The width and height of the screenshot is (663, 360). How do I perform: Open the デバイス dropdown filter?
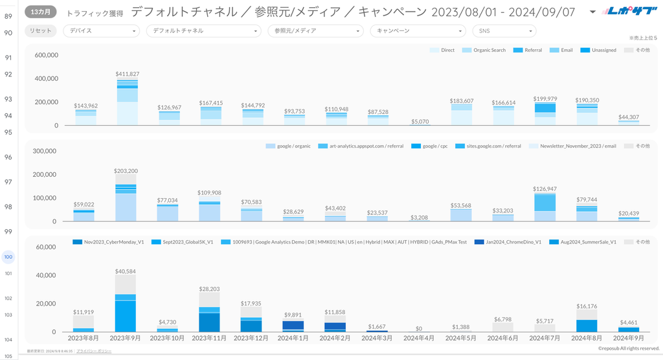[101, 30]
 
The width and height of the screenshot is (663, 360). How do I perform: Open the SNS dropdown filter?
[504, 30]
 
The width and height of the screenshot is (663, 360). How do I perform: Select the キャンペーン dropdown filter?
[418, 30]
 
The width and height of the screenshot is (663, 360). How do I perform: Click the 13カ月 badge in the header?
[41, 12]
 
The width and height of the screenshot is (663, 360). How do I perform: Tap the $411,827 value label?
[128, 74]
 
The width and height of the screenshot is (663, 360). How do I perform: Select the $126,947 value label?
[545, 189]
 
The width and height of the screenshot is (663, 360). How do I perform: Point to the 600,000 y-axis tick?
[45, 56]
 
